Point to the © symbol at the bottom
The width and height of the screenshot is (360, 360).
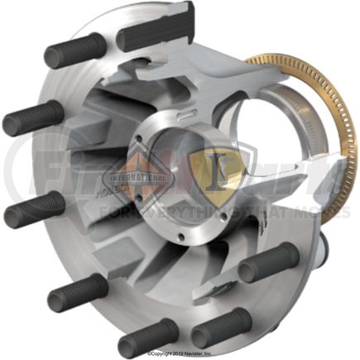pos(150,354)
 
